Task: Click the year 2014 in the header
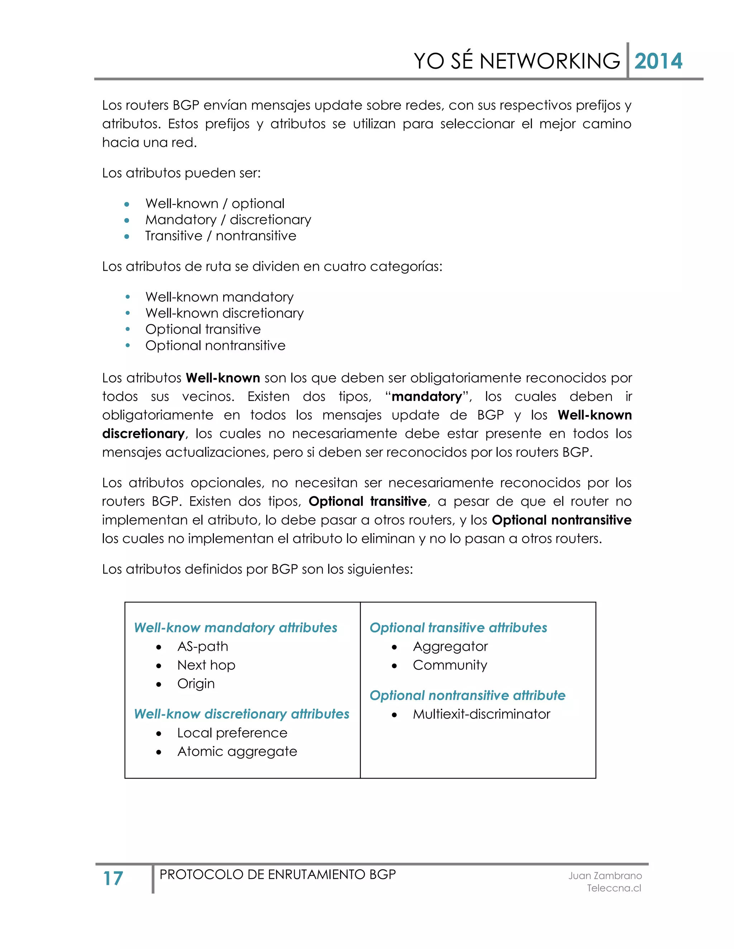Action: (658, 61)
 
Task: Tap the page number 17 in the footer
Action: (113, 878)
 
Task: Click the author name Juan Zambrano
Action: (605, 876)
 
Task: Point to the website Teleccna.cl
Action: (614, 888)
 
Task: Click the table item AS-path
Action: (202, 646)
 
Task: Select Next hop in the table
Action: (206, 665)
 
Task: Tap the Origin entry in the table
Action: (196, 684)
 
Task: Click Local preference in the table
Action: (232, 733)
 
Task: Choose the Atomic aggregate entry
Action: (237, 752)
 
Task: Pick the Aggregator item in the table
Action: (450, 646)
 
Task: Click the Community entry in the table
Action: (450, 665)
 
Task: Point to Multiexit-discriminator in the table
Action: (481, 714)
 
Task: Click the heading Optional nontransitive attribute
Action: (467, 696)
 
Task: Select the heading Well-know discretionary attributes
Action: (241, 714)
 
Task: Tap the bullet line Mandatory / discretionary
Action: (228, 220)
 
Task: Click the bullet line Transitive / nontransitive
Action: (220, 236)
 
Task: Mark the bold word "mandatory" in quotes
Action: (426, 397)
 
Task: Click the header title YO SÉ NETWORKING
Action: (516, 61)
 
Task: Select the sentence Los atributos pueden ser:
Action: (181, 173)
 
